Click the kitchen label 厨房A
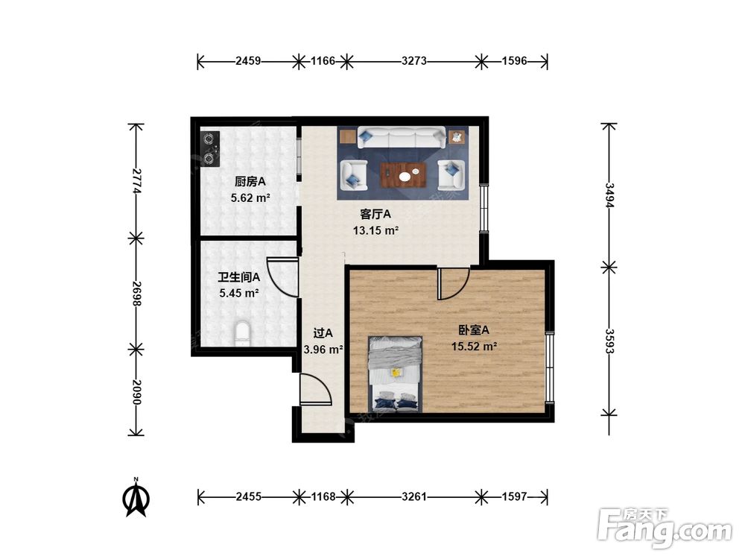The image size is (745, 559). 250,182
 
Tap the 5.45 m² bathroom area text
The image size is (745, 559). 239,293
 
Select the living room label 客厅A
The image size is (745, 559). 375,215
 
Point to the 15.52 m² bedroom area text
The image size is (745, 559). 474,346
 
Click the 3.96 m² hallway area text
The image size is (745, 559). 323,350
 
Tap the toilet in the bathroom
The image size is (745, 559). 242,333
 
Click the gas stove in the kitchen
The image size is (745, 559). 209,149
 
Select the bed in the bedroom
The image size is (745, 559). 396,374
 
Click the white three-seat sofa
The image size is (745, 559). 402,137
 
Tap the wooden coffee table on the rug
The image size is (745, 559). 403,174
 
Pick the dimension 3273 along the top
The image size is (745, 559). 413,61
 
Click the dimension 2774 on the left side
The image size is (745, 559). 136,180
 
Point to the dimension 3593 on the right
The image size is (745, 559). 609,341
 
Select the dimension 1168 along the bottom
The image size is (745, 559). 323,496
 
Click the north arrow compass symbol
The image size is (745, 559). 136,497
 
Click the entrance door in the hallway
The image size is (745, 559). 315,389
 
